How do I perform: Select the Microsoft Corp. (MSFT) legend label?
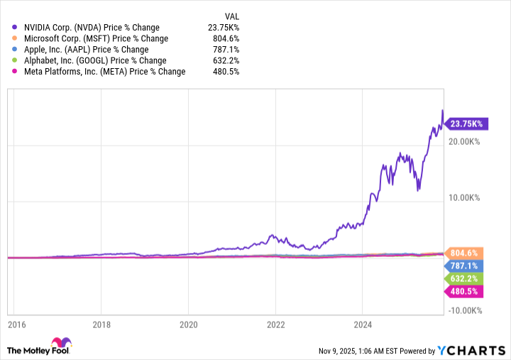point(97,38)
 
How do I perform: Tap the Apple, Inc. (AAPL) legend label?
point(87,50)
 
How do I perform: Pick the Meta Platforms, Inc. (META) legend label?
point(105,72)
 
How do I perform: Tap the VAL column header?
point(231,15)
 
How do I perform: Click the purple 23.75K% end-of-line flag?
point(466,124)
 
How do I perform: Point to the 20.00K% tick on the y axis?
point(466,142)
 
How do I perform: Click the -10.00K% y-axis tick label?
point(466,310)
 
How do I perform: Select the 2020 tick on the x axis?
point(189,325)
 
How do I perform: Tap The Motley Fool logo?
point(40,348)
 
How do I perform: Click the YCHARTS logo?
point(471,350)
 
